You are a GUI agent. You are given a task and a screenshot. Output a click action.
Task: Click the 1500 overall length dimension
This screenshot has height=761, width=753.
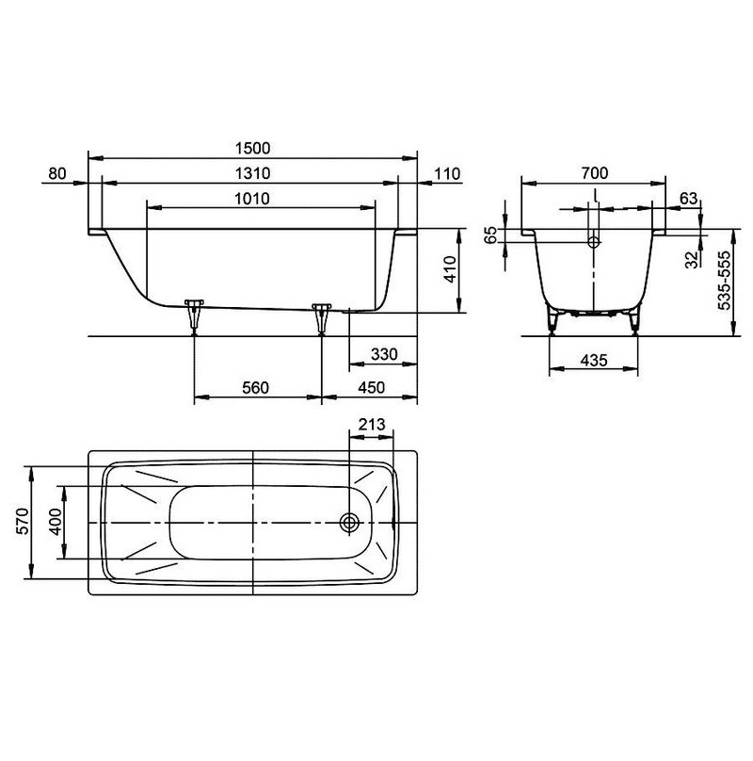click(x=252, y=148)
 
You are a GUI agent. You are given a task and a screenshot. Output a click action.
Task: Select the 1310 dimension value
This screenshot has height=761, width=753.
click(x=252, y=173)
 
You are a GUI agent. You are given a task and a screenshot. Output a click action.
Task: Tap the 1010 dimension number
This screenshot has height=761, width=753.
click(x=252, y=199)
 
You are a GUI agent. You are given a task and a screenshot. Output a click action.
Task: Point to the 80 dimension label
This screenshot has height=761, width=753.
click(x=57, y=173)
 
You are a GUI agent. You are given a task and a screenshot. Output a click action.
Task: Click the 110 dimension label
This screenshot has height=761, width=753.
click(x=447, y=173)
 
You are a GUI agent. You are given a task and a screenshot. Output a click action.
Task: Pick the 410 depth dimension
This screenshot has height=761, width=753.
click(x=451, y=270)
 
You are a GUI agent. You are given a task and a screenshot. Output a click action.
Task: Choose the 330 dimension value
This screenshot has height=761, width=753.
click(x=384, y=354)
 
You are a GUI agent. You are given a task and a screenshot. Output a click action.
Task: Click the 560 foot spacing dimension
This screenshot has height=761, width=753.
click(x=255, y=388)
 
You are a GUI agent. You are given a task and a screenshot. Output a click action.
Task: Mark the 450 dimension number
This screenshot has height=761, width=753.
click(x=371, y=388)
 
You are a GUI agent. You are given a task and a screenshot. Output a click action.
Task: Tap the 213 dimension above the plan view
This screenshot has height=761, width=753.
click(x=372, y=425)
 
